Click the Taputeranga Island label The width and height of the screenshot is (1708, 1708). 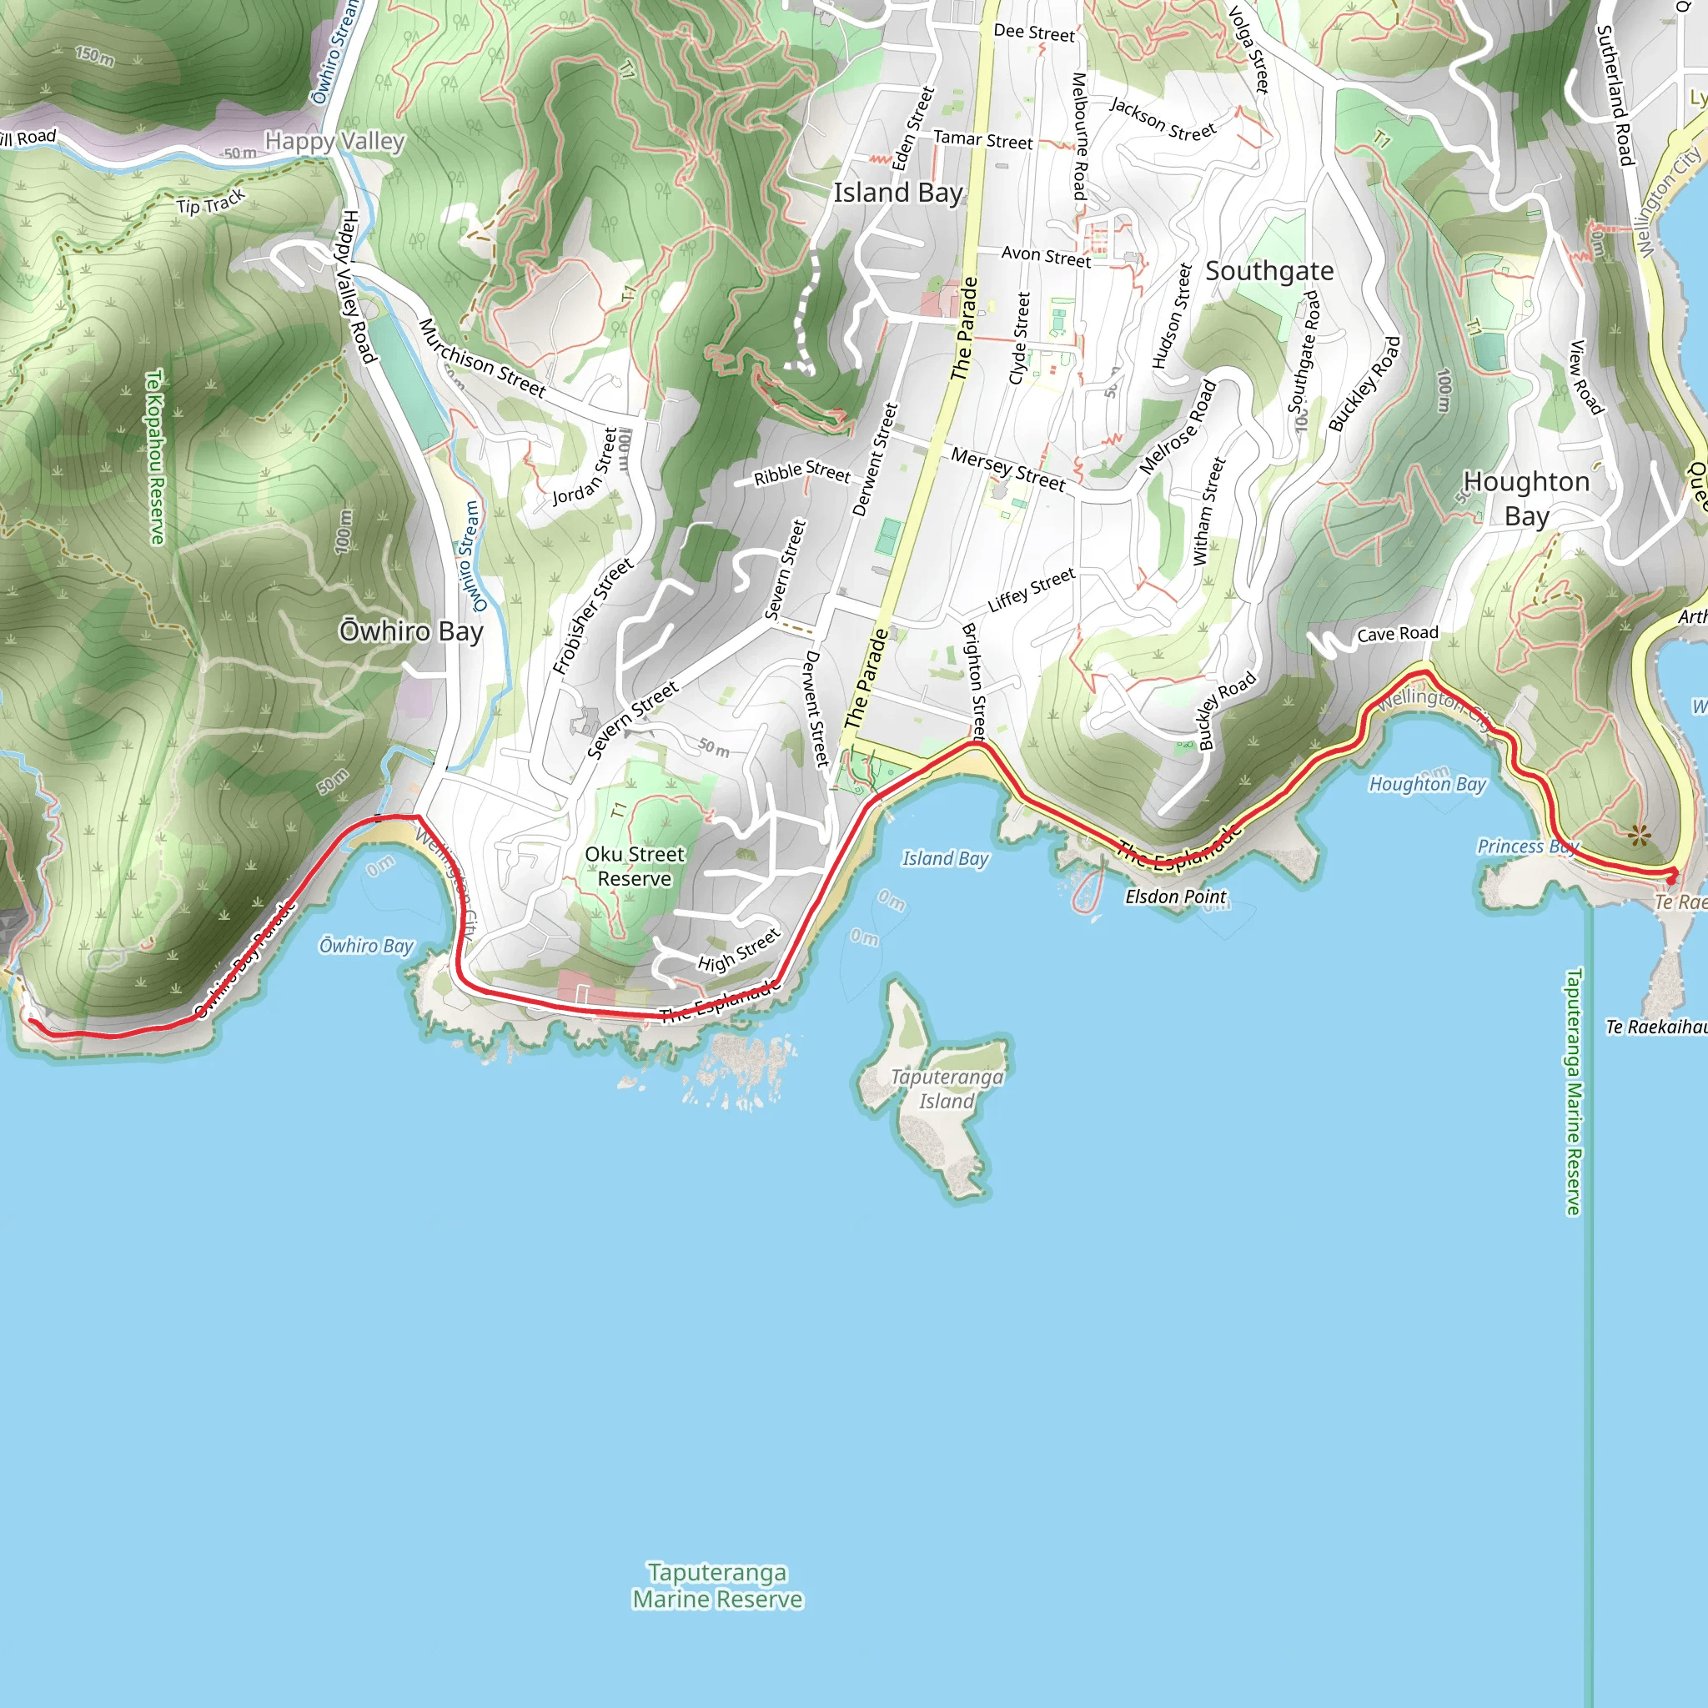click(946, 1088)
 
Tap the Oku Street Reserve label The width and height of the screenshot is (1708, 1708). click(635, 867)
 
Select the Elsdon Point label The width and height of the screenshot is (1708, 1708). click(1175, 897)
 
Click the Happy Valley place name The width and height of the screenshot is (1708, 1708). click(334, 142)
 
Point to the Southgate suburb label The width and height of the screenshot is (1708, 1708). click(1269, 271)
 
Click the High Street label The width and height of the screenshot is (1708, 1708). click(739, 951)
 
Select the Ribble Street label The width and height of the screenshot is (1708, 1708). click(801, 472)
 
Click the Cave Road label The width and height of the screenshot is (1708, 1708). click(1398, 634)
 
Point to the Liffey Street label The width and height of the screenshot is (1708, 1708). click(1032, 590)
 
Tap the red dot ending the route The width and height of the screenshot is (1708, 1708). click(1670, 880)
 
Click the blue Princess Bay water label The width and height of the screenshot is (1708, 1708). click(1528, 846)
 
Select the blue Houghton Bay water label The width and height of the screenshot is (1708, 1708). click(1427, 783)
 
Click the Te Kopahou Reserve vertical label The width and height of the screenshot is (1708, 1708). click(156, 457)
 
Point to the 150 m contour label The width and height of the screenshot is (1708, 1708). click(94, 57)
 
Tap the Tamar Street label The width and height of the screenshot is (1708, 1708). click(982, 139)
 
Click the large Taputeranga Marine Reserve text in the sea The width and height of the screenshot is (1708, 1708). click(717, 1585)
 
